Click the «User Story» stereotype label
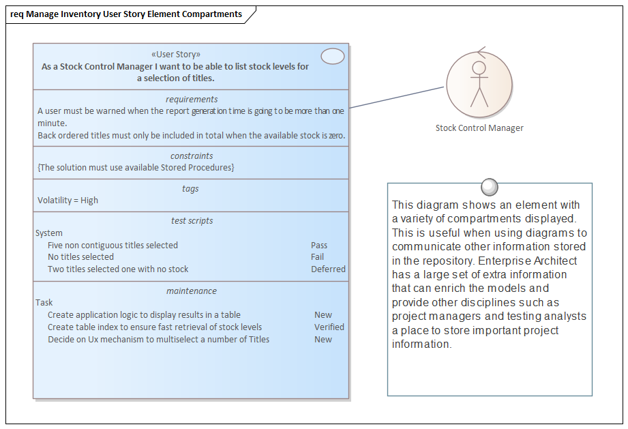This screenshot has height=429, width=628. (175, 55)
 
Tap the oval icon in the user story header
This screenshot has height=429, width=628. (332, 57)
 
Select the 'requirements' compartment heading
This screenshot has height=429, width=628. (192, 99)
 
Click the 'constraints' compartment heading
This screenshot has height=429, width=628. (192, 156)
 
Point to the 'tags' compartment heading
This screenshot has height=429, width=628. (191, 188)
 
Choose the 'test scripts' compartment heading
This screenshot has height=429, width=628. (192, 220)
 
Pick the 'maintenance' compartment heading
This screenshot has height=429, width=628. (192, 291)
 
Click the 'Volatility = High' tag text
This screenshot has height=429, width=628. (68, 201)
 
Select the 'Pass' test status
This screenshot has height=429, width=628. (319, 246)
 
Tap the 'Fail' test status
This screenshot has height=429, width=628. (317, 257)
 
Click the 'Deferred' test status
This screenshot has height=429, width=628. (328, 269)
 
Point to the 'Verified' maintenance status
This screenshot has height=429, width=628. (329, 327)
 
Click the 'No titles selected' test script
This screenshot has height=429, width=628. (80, 257)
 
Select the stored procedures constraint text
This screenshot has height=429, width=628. (136, 168)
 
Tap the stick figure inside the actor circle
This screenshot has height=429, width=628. (479, 83)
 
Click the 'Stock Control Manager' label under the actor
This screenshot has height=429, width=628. (479, 128)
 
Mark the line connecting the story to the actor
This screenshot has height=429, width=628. (397, 98)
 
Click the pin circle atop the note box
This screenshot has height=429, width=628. (489, 186)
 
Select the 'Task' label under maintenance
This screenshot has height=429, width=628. (44, 303)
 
